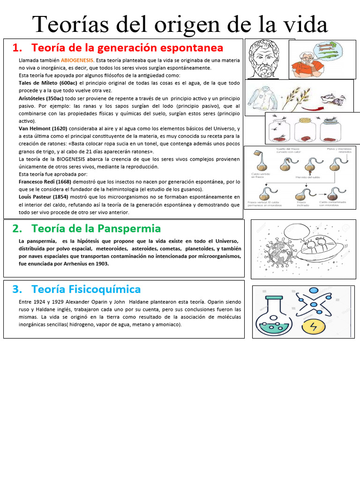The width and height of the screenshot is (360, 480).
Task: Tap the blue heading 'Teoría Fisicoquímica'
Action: tap(86, 289)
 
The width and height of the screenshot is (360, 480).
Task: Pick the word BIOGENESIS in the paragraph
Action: tap(68, 159)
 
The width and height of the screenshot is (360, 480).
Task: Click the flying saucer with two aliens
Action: tap(319, 251)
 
